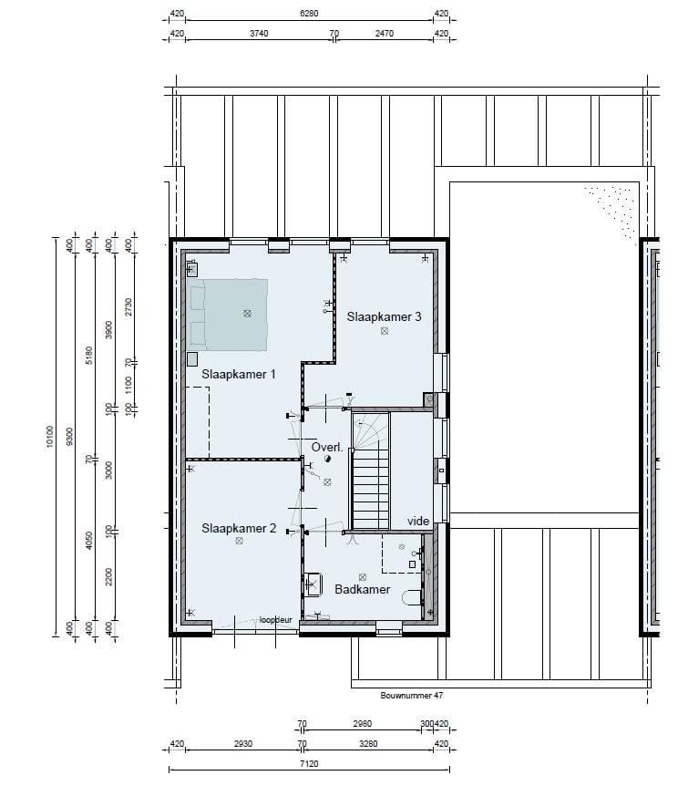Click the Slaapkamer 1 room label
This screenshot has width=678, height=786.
point(238,374)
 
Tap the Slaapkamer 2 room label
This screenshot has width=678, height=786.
point(238,528)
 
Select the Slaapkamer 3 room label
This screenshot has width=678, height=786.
point(384,317)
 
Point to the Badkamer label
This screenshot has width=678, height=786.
point(362,589)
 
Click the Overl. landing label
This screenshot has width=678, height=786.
point(327,448)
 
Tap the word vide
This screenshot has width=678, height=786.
point(418,522)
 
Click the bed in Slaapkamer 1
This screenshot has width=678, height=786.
point(235,314)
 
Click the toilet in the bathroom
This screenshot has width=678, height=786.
point(414,596)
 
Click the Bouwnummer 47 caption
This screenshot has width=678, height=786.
point(410,695)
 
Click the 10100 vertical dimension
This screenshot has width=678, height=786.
point(49,437)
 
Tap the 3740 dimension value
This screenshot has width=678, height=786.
point(259,33)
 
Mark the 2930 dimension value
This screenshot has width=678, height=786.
point(242,744)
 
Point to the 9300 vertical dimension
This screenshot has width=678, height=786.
point(69,437)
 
